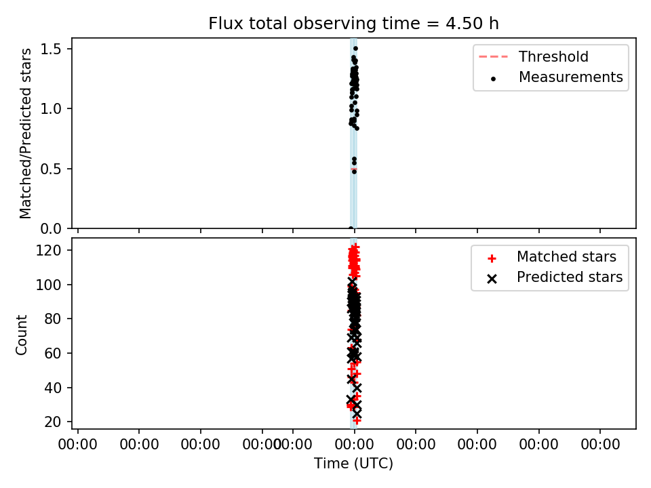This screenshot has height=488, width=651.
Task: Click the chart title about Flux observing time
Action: click(353, 24)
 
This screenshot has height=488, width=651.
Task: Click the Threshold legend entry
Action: click(534, 56)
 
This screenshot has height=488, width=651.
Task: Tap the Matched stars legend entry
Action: click(552, 257)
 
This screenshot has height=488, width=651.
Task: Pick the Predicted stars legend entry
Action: click(555, 277)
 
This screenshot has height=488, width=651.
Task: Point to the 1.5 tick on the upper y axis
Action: click(51, 49)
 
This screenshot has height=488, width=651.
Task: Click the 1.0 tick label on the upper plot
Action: click(51, 108)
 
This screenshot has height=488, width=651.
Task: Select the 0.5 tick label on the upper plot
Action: click(51, 169)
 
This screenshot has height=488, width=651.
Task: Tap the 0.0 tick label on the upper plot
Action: click(51, 228)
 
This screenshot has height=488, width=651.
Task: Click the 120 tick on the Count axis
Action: click(49, 250)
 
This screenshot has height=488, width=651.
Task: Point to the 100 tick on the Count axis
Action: click(49, 285)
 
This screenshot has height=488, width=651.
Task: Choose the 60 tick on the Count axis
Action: click(53, 353)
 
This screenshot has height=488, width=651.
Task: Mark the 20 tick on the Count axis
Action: click(53, 422)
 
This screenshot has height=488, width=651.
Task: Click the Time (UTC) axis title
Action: click(353, 463)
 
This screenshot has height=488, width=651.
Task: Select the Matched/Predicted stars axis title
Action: click(25, 134)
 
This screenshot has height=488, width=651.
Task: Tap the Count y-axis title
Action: click(21, 334)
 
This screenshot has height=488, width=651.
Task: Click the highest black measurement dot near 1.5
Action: click(355, 49)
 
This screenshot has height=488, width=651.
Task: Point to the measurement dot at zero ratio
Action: click(351, 228)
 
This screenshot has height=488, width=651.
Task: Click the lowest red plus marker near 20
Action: click(357, 420)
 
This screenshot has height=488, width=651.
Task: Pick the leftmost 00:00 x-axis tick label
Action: click(77, 445)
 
